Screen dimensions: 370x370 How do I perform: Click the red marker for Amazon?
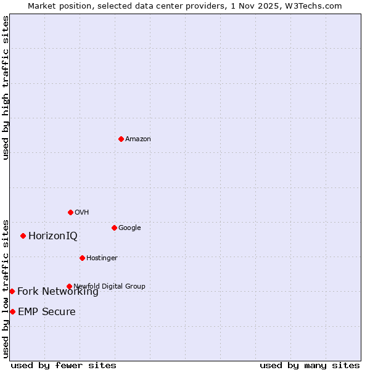tap(121, 139)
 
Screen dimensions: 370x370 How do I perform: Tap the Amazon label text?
tap(138, 139)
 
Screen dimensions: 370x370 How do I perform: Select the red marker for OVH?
tap(70, 212)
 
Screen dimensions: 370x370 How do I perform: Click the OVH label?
tap(82, 213)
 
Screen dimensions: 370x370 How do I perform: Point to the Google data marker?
tap(114, 228)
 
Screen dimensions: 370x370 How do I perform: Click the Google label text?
tap(129, 228)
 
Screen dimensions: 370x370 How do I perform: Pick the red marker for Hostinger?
tap(82, 258)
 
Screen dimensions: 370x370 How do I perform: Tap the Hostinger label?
tap(102, 258)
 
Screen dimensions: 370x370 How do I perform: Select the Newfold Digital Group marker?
tap(69, 286)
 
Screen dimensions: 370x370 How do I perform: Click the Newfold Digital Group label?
tap(110, 286)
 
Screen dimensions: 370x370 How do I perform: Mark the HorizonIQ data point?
tap(23, 236)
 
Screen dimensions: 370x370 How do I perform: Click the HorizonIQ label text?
tap(53, 236)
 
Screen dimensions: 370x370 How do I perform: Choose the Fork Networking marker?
tap(12, 291)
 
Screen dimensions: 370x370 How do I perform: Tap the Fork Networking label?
tap(58, 292)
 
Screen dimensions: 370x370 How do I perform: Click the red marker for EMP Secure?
tap(12, 311)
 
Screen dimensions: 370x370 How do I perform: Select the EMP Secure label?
tap(47, 312)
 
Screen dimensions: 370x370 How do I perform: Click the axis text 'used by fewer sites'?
tap(64, 366)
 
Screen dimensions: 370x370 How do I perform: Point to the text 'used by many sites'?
tap(310, 366)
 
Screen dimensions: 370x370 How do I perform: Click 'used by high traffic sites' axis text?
tap(6, 88)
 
